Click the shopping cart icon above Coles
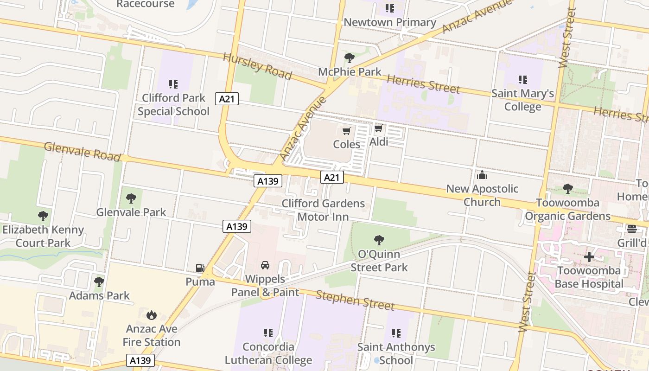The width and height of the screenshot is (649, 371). (347, 131)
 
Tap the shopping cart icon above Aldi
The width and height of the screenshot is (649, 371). (379, 128)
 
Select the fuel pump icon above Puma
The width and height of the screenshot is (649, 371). (200, 268)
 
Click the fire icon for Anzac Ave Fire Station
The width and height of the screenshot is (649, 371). (151, 315)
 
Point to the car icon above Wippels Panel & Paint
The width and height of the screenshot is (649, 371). (265, 265)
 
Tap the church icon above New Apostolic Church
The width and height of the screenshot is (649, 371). (482, 175)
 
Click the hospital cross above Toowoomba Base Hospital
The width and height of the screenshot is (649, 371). (589, 256)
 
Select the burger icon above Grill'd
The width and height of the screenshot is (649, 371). (632, 229)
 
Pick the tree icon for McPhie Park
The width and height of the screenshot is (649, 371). (350, 58)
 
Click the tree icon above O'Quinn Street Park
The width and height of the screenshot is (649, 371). (379, 240)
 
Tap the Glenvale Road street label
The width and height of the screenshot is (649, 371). (82, 152)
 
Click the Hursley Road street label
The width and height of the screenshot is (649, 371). (257, 66)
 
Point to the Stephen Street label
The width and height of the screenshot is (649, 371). (355, 300)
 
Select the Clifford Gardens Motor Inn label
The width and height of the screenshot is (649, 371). (323, 210)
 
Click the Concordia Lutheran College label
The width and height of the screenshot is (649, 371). (268, 353)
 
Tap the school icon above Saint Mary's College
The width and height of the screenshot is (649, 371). (523, 80)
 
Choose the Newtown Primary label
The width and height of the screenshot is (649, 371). (389, 22)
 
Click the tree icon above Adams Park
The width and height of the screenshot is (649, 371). (99, 282)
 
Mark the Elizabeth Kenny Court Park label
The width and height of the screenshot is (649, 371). (43, 236)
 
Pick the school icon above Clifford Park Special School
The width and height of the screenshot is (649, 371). (173, 84)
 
